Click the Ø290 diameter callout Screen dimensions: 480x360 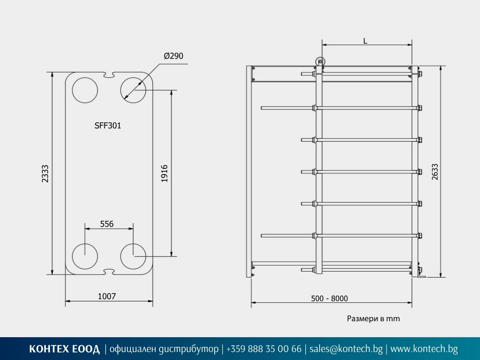[174, 56]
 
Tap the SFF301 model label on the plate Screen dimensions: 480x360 [108, 126]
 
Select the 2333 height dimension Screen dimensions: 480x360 [45, 174]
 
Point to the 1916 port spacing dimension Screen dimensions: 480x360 [164, 174]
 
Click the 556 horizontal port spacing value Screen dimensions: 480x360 [107, 224]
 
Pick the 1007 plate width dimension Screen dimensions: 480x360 [107, 296]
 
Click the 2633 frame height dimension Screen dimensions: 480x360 [435, 172]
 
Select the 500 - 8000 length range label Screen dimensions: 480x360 [329, 298]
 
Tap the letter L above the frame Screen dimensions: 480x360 [365, 41]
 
